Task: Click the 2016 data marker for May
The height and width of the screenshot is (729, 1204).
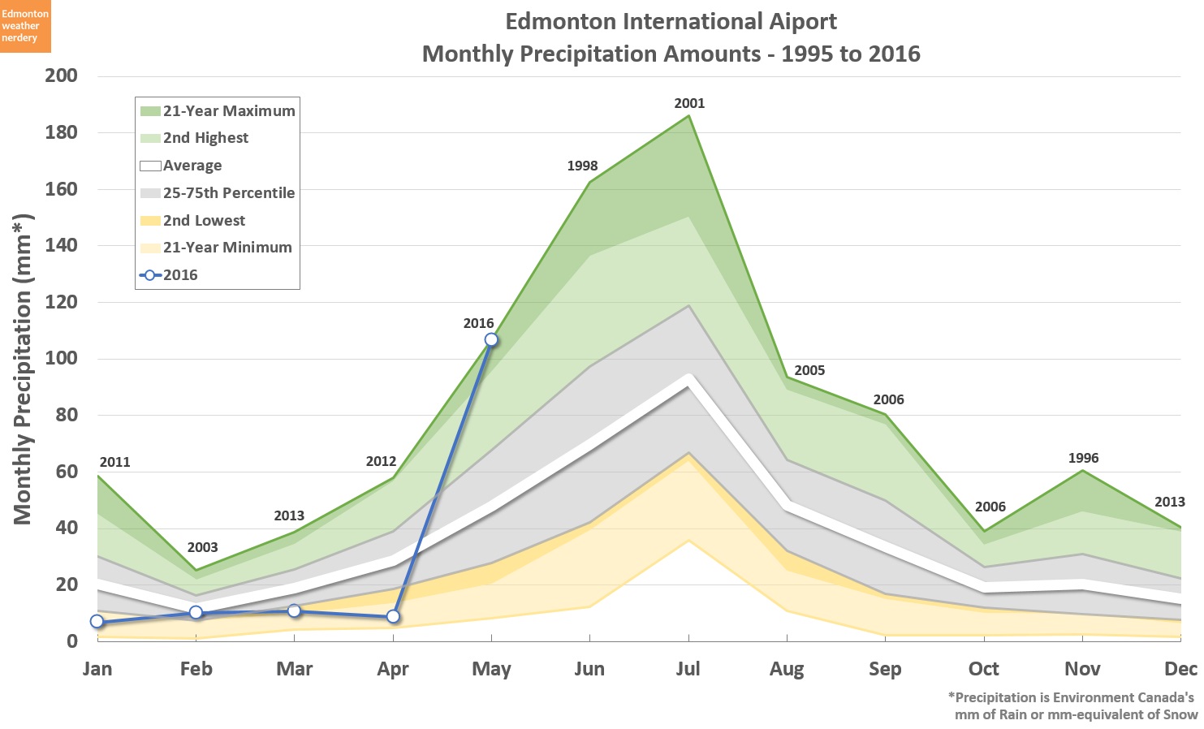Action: [491, 339]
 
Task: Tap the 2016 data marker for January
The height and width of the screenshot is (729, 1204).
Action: [97, 622]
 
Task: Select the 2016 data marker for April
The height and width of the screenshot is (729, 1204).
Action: [393, 617]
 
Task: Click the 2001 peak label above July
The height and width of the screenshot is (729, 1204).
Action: [689, 103]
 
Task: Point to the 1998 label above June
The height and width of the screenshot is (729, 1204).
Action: [582, 166]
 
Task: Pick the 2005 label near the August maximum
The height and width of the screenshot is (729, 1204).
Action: [809, 370]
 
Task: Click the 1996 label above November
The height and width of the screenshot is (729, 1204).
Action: [1083, 458]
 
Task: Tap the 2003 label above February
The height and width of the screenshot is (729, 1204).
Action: [202, 547]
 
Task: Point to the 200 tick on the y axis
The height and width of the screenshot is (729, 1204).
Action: [62, 75]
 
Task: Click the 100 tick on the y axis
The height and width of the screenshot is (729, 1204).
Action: [62, 358]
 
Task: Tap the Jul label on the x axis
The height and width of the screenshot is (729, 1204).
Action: [688, 669]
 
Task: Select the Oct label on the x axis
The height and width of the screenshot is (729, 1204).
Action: [983, 669]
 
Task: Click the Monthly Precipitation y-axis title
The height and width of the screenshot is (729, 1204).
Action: [23, 369]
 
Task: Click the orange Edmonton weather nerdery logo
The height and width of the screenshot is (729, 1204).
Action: [25, 26]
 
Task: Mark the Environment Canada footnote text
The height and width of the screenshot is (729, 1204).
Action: [1072, 706]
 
